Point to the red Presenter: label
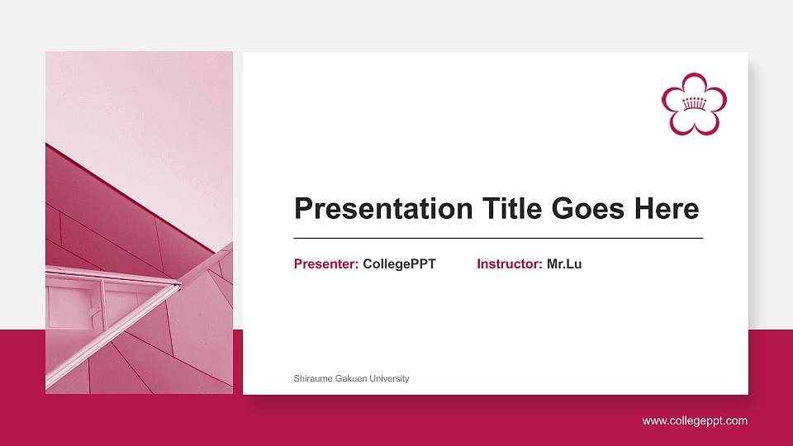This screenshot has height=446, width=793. point(325,264)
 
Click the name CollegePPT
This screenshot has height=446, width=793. point(399,264)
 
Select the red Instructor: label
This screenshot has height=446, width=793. point(509,264)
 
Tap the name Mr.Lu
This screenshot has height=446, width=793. point(564,264)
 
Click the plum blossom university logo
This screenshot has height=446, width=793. point(694,103)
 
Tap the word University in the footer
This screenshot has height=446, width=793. point(388,378)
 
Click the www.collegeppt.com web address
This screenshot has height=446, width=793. point(695,421)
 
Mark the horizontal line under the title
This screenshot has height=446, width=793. point(498,238)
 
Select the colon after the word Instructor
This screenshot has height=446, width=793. point(541,265)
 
